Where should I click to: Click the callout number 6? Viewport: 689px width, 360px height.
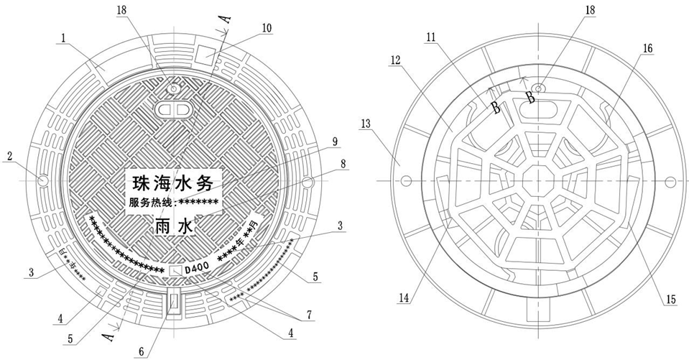(142, 351)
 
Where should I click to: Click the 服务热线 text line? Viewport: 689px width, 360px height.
(173, 203)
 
